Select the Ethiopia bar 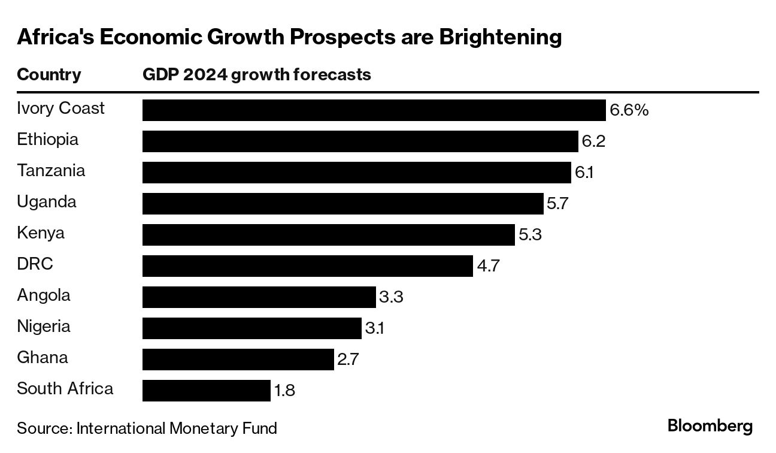pos(360,141)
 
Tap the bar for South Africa pos(207,391)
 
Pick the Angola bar pos(259,297)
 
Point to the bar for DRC pos(308,266)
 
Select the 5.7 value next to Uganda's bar pos(557,204)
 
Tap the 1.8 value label pos(284,391)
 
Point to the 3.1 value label pos(374,328)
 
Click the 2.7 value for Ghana pos(348,360)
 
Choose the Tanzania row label pos(51,171)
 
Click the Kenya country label pos(41,233)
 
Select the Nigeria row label pos(44,327)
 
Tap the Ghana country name pos(42,358)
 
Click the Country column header pos(49,75)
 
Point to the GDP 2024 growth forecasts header pos(256,75)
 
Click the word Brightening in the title pos(501,37)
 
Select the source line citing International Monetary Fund pos(147,428)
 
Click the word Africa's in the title pos(54,37)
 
